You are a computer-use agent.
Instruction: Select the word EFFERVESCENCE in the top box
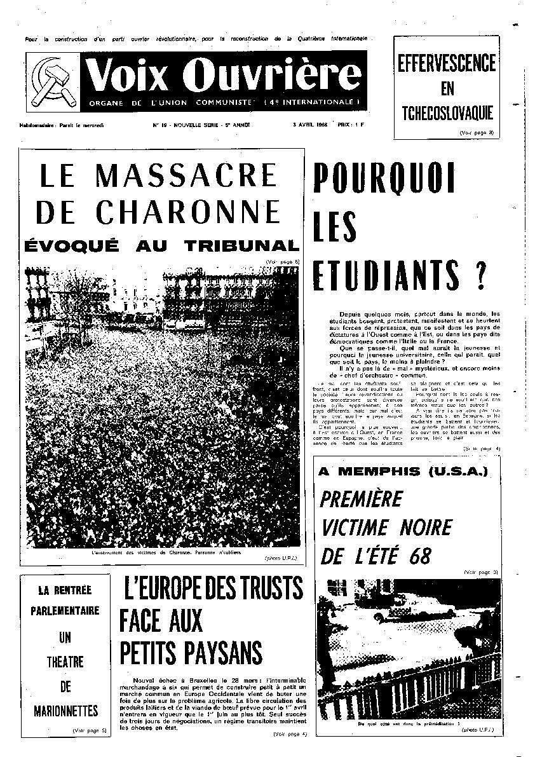tap(447, 64)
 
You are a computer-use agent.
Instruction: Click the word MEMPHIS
tap(391, 472)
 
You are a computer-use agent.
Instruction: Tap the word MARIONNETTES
tap(65, 709)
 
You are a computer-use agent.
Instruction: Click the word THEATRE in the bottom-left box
tap(65, 662)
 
